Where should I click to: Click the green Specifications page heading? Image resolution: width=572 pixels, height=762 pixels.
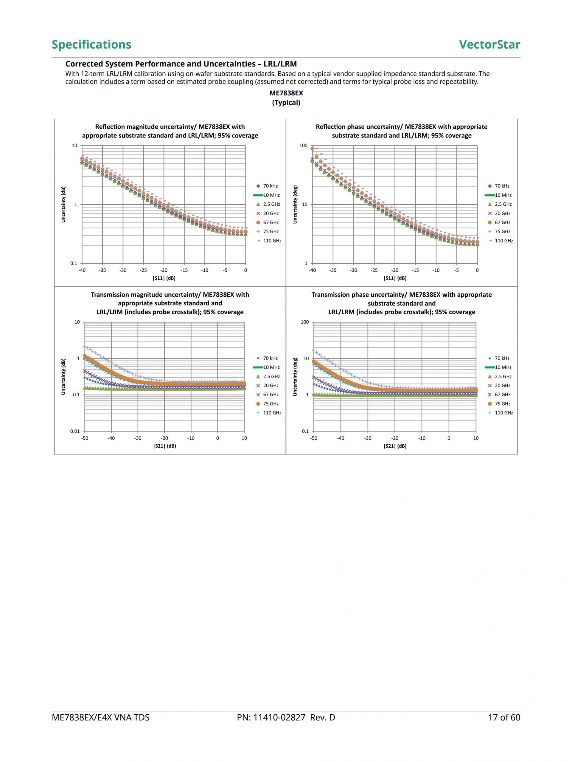[x=91, y=44]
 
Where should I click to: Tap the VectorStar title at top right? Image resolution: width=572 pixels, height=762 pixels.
[x=489, y=44]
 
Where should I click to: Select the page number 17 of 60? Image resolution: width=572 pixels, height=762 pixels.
[x=504, y=718]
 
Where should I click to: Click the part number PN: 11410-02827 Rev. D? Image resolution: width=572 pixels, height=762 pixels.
[x=286, y=718]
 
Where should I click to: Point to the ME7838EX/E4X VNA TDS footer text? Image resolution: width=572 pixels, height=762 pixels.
[x=100, y=718]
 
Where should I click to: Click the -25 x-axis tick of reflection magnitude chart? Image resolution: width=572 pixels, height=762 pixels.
[x=143, y=271]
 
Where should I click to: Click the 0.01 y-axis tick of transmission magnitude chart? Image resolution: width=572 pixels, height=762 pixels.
[x=75, y=431]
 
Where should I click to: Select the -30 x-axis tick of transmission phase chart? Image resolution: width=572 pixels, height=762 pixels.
[x=368, y=438]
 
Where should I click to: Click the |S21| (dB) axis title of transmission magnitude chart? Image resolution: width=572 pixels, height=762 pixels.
[x=164, y=446]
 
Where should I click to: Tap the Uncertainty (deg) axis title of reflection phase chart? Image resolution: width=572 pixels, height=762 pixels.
[x=295, y=205]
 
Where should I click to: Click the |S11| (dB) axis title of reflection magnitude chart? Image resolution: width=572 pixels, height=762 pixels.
[x=164, y=278]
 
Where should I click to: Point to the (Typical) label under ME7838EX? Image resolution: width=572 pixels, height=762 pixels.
[x=286, y=103]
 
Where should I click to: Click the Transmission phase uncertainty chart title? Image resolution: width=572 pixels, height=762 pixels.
[x=401, y=303]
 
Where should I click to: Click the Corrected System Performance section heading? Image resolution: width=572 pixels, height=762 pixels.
[x=181, y=64]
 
